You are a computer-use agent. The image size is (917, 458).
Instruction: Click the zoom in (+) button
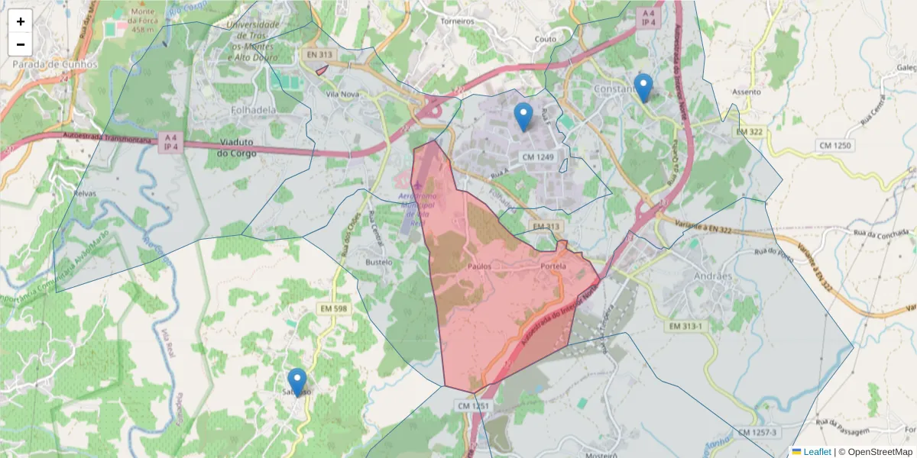point(21,21)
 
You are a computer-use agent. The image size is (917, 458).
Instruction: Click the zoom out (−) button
point(21,44)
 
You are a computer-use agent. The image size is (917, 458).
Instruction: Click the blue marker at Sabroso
point(296,382)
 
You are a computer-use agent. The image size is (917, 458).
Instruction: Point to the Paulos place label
point(479,266)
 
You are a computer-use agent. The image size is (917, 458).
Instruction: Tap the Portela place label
point(552,266)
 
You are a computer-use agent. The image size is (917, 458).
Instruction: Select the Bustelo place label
point(379,262)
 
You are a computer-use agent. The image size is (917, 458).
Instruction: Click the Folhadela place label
point(253,109)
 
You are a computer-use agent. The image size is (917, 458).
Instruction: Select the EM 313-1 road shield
point(685,326)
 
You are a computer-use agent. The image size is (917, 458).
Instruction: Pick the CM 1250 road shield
point(834,145)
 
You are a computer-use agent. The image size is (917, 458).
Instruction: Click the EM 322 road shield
point(750,132)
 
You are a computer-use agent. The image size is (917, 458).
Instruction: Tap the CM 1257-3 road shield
point(757,433)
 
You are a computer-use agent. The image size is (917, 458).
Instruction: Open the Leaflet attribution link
point(816,452)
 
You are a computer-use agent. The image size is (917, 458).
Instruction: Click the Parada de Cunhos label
point(55,64)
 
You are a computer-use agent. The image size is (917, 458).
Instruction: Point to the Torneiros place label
point(458,21)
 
